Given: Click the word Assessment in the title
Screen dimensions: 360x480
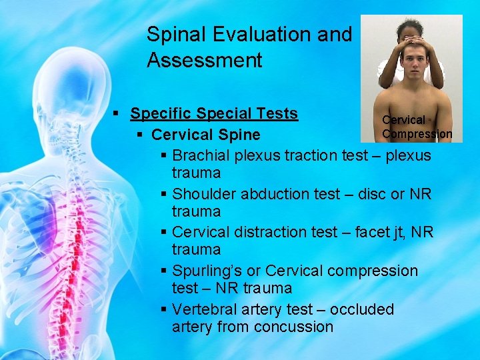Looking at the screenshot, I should [204, 61].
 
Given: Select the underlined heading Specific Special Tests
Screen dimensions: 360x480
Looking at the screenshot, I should [214, 113].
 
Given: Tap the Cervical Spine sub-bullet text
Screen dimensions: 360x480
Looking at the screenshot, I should [205, 135].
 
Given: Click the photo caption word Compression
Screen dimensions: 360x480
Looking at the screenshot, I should [417, 134].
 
